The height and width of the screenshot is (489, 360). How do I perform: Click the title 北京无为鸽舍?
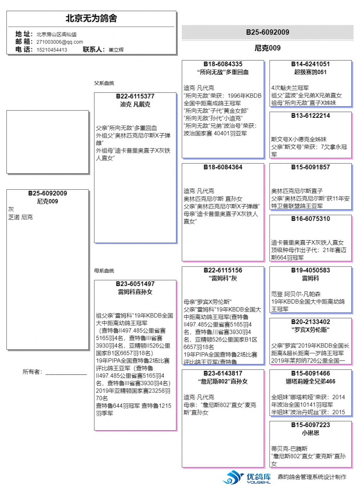pyautogui.click(x=91, y=18)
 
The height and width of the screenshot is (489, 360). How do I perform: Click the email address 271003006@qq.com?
pyautogui.click(x=60, y=42)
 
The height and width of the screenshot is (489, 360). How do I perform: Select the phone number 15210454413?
pyautogui.click(x=52, y=50)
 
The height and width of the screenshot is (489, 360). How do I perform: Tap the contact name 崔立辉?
pyautogui.click(x=116, y=50)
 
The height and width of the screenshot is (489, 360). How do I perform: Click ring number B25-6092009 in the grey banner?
pyautogui.click(x=267, y=32)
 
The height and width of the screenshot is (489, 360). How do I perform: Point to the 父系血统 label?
pyautogui.click(x=104, y=83)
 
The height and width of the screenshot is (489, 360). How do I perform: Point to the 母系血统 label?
pyautogui.click(x=104, y=271)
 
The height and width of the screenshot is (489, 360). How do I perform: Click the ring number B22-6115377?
pyautogui.click(x=135, y=97)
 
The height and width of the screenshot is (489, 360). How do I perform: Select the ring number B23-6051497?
pyautogui.click(x=135, y=284)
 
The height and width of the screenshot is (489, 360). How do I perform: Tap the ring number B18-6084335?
pyautogui.click(x=223, y=64)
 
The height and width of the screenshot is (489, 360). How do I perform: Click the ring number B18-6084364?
pyautogui.click(x=223, y=167)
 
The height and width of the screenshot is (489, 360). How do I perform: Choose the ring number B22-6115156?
pyautogui.click(x=223, y=270)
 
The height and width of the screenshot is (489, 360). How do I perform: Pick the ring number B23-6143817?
pyautogui.click(x=223, y=373)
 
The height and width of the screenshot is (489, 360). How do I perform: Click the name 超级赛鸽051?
pyautogui.click(x=310, y=72)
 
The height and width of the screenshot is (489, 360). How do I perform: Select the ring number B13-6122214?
pyautogui.click(x=310, y=116)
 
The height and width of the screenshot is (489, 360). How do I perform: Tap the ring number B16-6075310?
pyautogui.click(x=310, y=219)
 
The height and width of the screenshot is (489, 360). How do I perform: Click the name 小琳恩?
pyautogui.click(x=310, y=433)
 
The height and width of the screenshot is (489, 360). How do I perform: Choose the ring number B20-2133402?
pyautogui.click(x=310, y=322)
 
